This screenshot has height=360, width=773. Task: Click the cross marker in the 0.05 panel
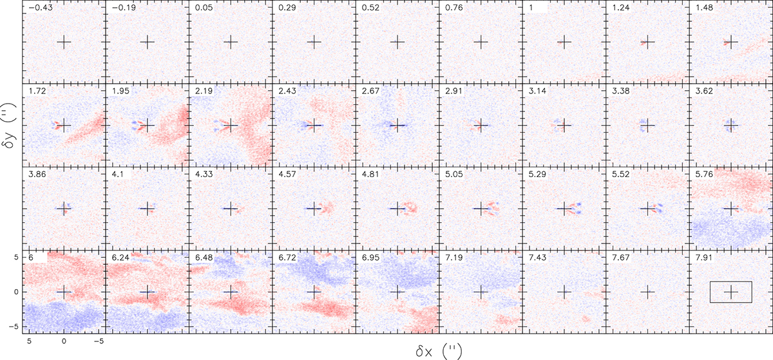pyautogui.click(x=231, y=42)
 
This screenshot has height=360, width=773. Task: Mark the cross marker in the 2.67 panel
pyautogui.click(x=397, y=125)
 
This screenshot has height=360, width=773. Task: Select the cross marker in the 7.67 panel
pyautogui.click(x=647, y=292)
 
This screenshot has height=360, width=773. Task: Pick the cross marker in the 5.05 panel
pyautogui.click(x=481, y=209)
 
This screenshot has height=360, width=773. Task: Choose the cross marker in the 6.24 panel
pyautogui.click(x=148, y=292)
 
